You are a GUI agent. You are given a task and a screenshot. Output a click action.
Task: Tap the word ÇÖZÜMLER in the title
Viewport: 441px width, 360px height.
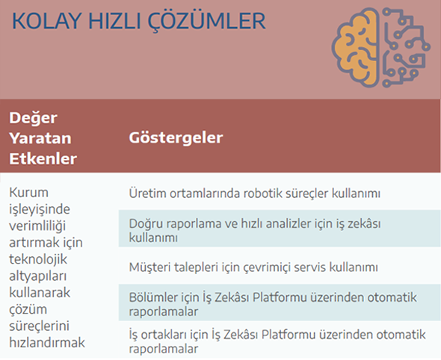(x=207, y=20)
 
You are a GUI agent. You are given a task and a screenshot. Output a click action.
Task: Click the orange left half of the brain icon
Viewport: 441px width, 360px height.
(x=355, y=47)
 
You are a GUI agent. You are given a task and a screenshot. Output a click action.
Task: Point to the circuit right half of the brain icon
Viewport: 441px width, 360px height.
(x=406, y=47)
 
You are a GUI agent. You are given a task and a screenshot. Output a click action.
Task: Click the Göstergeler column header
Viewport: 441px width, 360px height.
(x=176, y=137)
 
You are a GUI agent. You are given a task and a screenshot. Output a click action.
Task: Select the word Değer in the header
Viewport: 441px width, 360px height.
(x=33, y=118)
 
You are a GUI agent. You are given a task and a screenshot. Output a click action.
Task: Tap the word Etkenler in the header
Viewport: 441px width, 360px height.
(x=43, y=159)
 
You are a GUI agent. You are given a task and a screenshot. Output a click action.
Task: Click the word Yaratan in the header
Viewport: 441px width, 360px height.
(x=40, y=138)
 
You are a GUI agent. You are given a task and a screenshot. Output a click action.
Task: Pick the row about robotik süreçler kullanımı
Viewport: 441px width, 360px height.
(x=255, y=193)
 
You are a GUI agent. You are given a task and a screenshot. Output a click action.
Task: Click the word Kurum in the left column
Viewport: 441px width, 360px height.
(x=28, y=193)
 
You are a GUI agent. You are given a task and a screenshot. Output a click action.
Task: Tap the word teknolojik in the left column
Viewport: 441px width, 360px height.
(x=38, y=259)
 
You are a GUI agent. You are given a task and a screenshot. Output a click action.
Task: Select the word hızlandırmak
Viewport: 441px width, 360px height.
(x=47, y=343)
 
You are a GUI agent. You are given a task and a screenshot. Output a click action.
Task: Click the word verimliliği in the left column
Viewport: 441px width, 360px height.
(x=37, y=226)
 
